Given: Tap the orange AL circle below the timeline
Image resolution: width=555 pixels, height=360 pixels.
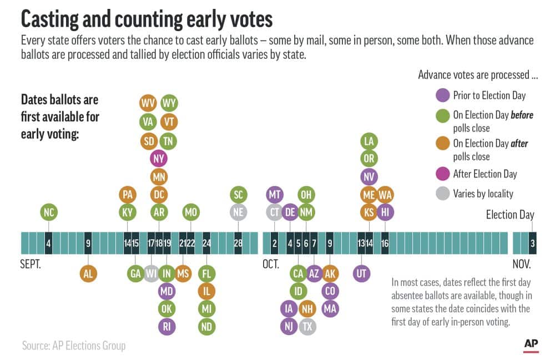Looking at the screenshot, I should [x=88, y=273].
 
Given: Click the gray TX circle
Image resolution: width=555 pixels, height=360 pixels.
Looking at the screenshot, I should [x=306, y=326].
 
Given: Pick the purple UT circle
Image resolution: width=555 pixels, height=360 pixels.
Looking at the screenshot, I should [x=361, y=273].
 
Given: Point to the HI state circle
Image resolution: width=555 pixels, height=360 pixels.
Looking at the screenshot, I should [x=385, y=211].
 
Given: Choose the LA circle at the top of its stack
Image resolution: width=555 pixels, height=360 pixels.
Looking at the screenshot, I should [x=369, y=141].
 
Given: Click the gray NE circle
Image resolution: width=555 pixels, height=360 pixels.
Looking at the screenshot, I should [x=238, y=211].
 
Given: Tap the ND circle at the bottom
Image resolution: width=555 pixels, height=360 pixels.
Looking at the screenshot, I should [x=206, y=327].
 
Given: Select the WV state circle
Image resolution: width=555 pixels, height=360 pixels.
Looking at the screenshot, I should [x=148, y=104].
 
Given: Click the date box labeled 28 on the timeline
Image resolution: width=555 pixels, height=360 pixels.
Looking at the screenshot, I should [x=238, y=243].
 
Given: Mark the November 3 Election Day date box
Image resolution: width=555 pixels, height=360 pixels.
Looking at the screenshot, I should [x=533, y=243].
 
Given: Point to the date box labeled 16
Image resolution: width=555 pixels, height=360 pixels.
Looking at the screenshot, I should [x=385, y=243].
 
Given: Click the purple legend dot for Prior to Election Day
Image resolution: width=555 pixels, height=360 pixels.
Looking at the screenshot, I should [x=442, y=95].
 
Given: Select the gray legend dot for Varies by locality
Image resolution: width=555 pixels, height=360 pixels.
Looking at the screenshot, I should [x=442, y=193].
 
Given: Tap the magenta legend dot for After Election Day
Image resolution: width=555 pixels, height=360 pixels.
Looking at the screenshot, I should [x=442, y=174].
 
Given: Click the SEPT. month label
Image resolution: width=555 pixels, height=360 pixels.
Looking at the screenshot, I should [x=31, y=264].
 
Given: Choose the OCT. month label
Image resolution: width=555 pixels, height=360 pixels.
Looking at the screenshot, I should [x=271, y=264].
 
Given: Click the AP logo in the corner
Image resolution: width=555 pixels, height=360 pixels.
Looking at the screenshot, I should [x=531, y=344].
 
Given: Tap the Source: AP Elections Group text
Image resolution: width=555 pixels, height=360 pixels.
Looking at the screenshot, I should [x=74, y=346].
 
